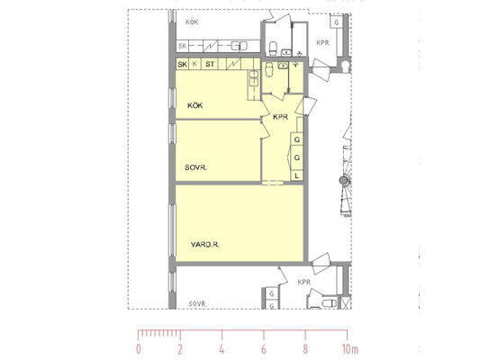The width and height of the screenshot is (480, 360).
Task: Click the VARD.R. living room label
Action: coord(205,245)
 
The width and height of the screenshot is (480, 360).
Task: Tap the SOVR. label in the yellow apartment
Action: coord(196,167)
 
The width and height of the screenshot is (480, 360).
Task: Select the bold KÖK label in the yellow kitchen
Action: coord(195,105)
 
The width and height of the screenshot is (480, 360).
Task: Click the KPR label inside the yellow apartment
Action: coord(280,117)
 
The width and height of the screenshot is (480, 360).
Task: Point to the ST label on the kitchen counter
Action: coord(210,64)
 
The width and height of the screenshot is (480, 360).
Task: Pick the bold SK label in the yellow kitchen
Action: coord(183,65)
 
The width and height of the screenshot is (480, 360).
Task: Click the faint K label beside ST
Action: coord(195,64)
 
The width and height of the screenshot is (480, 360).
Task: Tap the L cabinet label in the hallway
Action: coord(296,175)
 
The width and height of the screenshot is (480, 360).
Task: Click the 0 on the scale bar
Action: coord(139,349)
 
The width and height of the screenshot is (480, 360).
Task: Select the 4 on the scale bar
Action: coord(222,349)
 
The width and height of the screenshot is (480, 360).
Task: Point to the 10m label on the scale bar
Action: coord(350,349)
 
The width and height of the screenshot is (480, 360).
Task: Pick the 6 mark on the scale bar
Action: coord(264,349)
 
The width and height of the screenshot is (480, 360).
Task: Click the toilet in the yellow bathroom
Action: coord(269,69)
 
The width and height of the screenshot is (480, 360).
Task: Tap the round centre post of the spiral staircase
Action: coord(344,180)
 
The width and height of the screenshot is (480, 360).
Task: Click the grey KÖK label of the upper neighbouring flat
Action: coord(192,22)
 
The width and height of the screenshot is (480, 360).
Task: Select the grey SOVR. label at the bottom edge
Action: coord(198,304)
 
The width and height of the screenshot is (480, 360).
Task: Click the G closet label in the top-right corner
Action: coord(337,22)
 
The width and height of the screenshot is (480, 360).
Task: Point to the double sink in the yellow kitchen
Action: coord(253,78)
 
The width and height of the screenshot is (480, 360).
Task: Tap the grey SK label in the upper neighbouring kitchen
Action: coord(183,46)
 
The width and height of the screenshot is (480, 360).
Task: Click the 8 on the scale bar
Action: coord(305,349)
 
